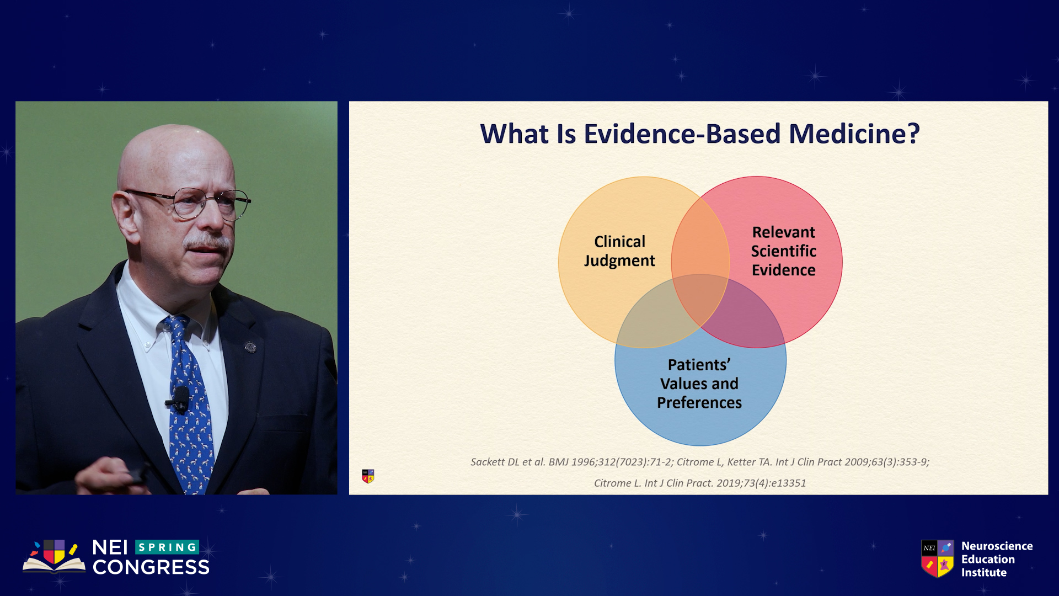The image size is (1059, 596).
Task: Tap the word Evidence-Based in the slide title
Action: [682, 134]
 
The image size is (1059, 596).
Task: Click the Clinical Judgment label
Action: [619, 251]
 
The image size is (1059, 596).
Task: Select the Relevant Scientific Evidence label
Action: [784, 251]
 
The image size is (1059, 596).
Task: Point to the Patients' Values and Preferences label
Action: [699, 384]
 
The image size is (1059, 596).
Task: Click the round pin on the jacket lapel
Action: [250, 347]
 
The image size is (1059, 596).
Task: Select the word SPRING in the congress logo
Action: [167, 547]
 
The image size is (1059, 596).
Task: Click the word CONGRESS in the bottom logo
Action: [151, 567]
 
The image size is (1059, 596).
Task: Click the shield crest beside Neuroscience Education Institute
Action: [938, 558]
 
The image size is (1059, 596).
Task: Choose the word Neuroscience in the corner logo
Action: [997, 546]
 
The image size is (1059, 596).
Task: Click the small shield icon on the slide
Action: [368, 476]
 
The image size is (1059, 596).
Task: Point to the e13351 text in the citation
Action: [788, 483]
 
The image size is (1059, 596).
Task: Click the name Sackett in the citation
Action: [488, 462]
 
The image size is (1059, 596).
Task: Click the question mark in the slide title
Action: [913, 134]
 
